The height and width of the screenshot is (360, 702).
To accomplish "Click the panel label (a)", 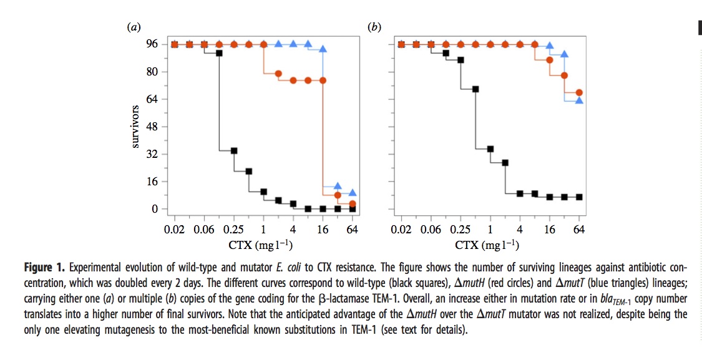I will (133, 27).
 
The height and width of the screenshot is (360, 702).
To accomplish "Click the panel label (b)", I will (375, 27).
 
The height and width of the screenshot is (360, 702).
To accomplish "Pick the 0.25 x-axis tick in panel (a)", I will (234, 229).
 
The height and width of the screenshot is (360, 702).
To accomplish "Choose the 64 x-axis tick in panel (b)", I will (579, 229).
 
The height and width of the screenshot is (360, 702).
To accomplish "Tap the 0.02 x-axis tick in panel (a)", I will (174, 229).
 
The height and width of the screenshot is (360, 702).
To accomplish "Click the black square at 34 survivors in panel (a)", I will (234, 150).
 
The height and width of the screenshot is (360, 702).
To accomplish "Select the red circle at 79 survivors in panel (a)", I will (278, 74).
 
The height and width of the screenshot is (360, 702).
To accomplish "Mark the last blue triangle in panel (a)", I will (353, 193).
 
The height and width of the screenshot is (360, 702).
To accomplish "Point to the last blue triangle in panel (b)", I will (579, 100).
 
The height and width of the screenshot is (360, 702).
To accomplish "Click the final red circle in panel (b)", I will (579, 93).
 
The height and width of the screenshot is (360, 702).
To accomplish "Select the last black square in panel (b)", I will (579, 197).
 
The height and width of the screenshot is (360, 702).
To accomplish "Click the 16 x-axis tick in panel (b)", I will (550, 229).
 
